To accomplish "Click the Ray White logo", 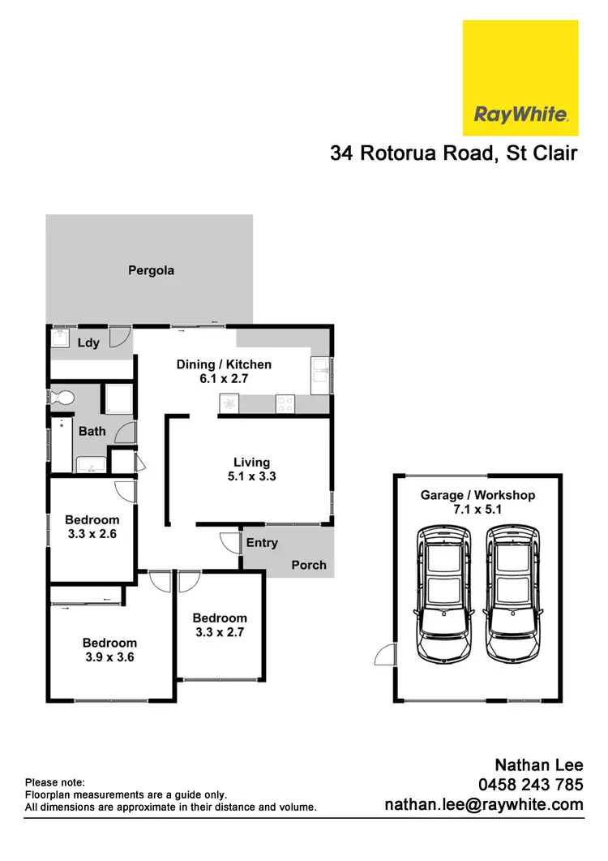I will [x=520, y=78].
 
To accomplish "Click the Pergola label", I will [x=151, y=270].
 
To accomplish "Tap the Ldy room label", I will [x=88, y=342].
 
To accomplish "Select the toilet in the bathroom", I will [x=62, y=398].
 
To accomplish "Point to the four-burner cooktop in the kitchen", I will [x=285, y=402].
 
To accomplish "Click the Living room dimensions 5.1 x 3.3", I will [x=251, y=476].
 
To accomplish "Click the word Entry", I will [x=261, y=543].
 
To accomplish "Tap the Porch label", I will [x=308, y=565].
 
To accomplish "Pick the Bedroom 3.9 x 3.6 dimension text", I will [x=109, y=657].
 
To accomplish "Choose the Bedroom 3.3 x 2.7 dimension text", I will [x=220, y=632].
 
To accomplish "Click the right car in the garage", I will [x=512, y=593].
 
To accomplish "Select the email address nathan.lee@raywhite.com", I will [x=483, y=805].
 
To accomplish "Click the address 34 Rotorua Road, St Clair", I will [x=453, y=153].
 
